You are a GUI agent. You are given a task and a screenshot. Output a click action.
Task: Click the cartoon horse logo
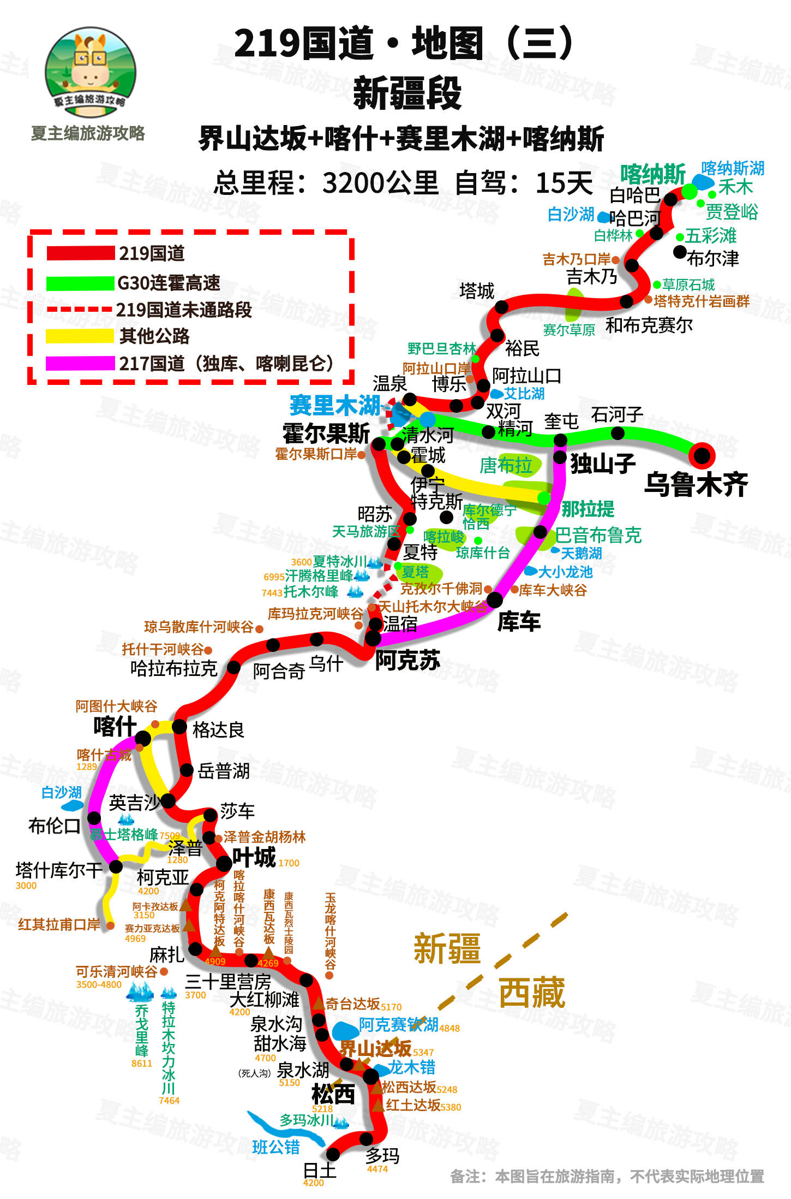90,71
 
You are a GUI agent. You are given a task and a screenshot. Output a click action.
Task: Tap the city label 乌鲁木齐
696,484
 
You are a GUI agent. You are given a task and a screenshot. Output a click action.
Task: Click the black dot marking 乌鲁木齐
702,455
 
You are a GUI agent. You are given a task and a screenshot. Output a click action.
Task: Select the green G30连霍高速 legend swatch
80,283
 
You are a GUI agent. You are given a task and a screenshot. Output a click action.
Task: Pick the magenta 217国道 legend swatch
80,363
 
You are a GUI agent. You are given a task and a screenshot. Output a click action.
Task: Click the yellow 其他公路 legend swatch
80,336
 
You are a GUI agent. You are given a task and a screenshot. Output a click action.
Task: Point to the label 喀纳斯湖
733,168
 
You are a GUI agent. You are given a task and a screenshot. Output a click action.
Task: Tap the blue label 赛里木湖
334,406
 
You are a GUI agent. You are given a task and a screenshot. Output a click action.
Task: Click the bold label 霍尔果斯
326,434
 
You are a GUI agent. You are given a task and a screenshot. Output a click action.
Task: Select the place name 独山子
603,464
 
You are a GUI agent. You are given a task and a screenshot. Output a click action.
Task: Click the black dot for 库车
494,599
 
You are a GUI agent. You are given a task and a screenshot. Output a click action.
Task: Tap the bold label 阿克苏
408,661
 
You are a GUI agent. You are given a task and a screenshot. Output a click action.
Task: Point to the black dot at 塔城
501,307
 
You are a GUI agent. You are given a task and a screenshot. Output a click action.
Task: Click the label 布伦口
54,826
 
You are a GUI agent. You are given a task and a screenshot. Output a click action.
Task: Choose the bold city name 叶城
254,857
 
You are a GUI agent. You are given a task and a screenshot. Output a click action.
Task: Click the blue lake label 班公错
276,1147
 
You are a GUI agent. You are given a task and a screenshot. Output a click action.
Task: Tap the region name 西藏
531,992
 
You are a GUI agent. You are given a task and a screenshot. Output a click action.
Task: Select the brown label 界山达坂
375,1048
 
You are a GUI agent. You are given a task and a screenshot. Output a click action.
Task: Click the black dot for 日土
333,1154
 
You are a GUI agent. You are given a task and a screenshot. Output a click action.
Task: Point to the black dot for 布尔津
680,252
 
